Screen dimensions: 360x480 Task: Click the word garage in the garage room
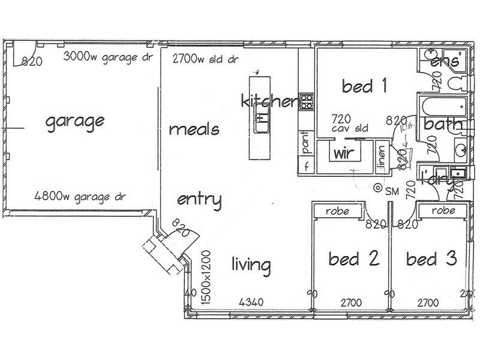click(x=75, y=122)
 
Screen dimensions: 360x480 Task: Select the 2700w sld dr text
click(x=205, y=59)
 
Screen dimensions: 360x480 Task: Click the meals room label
click(x=194, y=129)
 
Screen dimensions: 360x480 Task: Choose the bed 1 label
click(x=364, y=86)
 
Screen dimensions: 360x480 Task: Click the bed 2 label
click(x=354, y=259)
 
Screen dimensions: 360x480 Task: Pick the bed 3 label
click(x=431, y=259)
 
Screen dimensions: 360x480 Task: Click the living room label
click(x=251, y=264)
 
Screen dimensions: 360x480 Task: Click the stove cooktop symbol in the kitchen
click(x=306, y=102)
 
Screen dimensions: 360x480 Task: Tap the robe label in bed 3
click(x=443, y=211)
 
